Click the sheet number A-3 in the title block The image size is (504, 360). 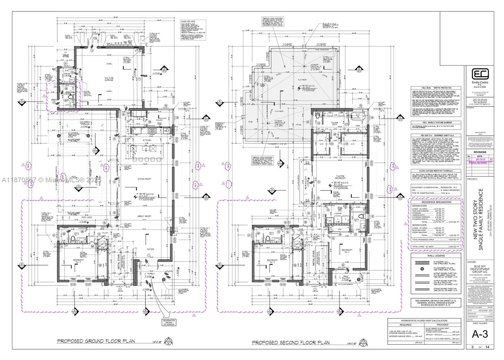click(x=480, y=334)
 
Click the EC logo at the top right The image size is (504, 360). click(x=480, y=74)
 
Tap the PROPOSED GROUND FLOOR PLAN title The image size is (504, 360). click(x=96, y=341)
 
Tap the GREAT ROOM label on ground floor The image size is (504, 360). click(x=145, y=216)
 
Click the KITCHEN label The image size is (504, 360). click(x=147, y=140)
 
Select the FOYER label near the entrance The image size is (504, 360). click(x=150, y=249)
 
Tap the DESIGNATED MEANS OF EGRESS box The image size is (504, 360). click(x=169, y=322)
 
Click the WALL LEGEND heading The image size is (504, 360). click(x=436, y=256)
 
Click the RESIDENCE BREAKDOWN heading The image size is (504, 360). click(x=436, y=202)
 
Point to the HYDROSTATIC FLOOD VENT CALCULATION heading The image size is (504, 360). click(x=424, y=321)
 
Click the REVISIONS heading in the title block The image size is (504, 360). click(x=480, y=152)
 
